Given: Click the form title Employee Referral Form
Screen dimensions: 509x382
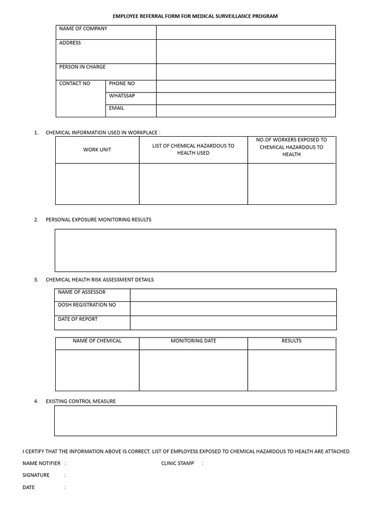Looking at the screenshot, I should coord(195,16).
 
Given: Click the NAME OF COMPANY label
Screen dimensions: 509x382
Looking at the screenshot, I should coord(83,29).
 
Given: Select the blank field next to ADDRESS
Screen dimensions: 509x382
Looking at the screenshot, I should coord(246,51).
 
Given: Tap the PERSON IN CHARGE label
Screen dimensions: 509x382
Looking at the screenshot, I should coord(82,67).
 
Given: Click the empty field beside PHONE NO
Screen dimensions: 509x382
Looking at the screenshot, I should coord(246,86).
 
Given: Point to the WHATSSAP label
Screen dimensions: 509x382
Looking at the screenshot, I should coord(122,95).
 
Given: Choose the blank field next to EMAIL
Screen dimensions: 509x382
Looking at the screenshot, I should coord(246,110).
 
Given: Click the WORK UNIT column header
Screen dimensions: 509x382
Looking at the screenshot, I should coord(97,150).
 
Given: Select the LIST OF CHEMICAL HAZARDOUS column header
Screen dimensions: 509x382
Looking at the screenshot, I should coord(193,149).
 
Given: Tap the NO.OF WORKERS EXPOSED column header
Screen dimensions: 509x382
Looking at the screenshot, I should coord(291,147).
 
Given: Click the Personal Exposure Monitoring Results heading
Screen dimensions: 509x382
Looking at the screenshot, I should coord(98,220).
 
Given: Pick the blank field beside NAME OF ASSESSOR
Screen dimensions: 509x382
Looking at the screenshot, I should coord(233,295).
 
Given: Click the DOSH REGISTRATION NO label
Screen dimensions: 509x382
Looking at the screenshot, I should coord(87,305).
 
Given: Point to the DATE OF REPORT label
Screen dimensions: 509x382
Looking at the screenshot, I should coord(78,319).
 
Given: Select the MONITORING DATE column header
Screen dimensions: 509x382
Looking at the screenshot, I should coord(193,341).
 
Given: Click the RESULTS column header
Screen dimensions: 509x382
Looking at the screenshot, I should coord(291,341).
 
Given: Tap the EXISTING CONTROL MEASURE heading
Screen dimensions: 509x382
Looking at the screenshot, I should coord(81,401).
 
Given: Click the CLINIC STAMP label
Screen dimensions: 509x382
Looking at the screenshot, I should coord(178,463).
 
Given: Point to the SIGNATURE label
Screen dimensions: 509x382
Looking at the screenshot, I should coord(36,475).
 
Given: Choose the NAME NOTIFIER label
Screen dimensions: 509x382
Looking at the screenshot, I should coord(41,463).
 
